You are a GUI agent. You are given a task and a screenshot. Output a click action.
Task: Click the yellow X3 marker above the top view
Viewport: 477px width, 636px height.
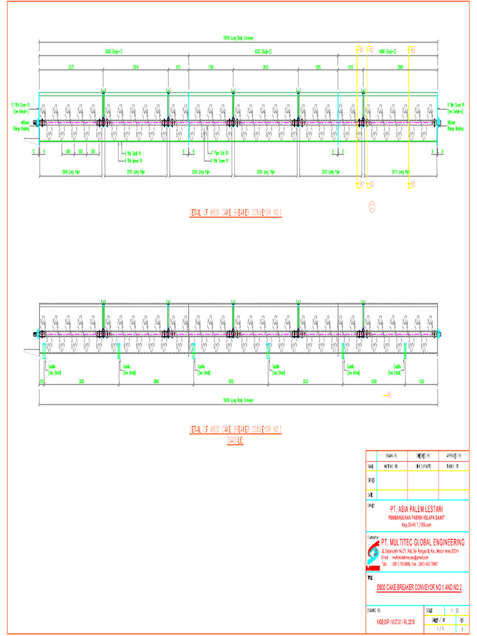point(412,49)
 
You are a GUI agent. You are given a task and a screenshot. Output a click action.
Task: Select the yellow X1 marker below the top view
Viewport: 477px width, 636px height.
point(360,184)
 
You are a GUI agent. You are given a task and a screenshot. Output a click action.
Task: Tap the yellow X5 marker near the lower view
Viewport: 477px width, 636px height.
point(388,395)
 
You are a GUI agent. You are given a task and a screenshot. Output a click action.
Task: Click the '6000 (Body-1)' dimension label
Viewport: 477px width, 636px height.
point(114,52)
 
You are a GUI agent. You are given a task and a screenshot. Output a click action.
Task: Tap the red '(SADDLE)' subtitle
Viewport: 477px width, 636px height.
point(235,440)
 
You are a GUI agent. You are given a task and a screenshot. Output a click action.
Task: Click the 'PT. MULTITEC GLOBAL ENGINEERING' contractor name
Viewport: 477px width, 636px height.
point(422,542)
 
